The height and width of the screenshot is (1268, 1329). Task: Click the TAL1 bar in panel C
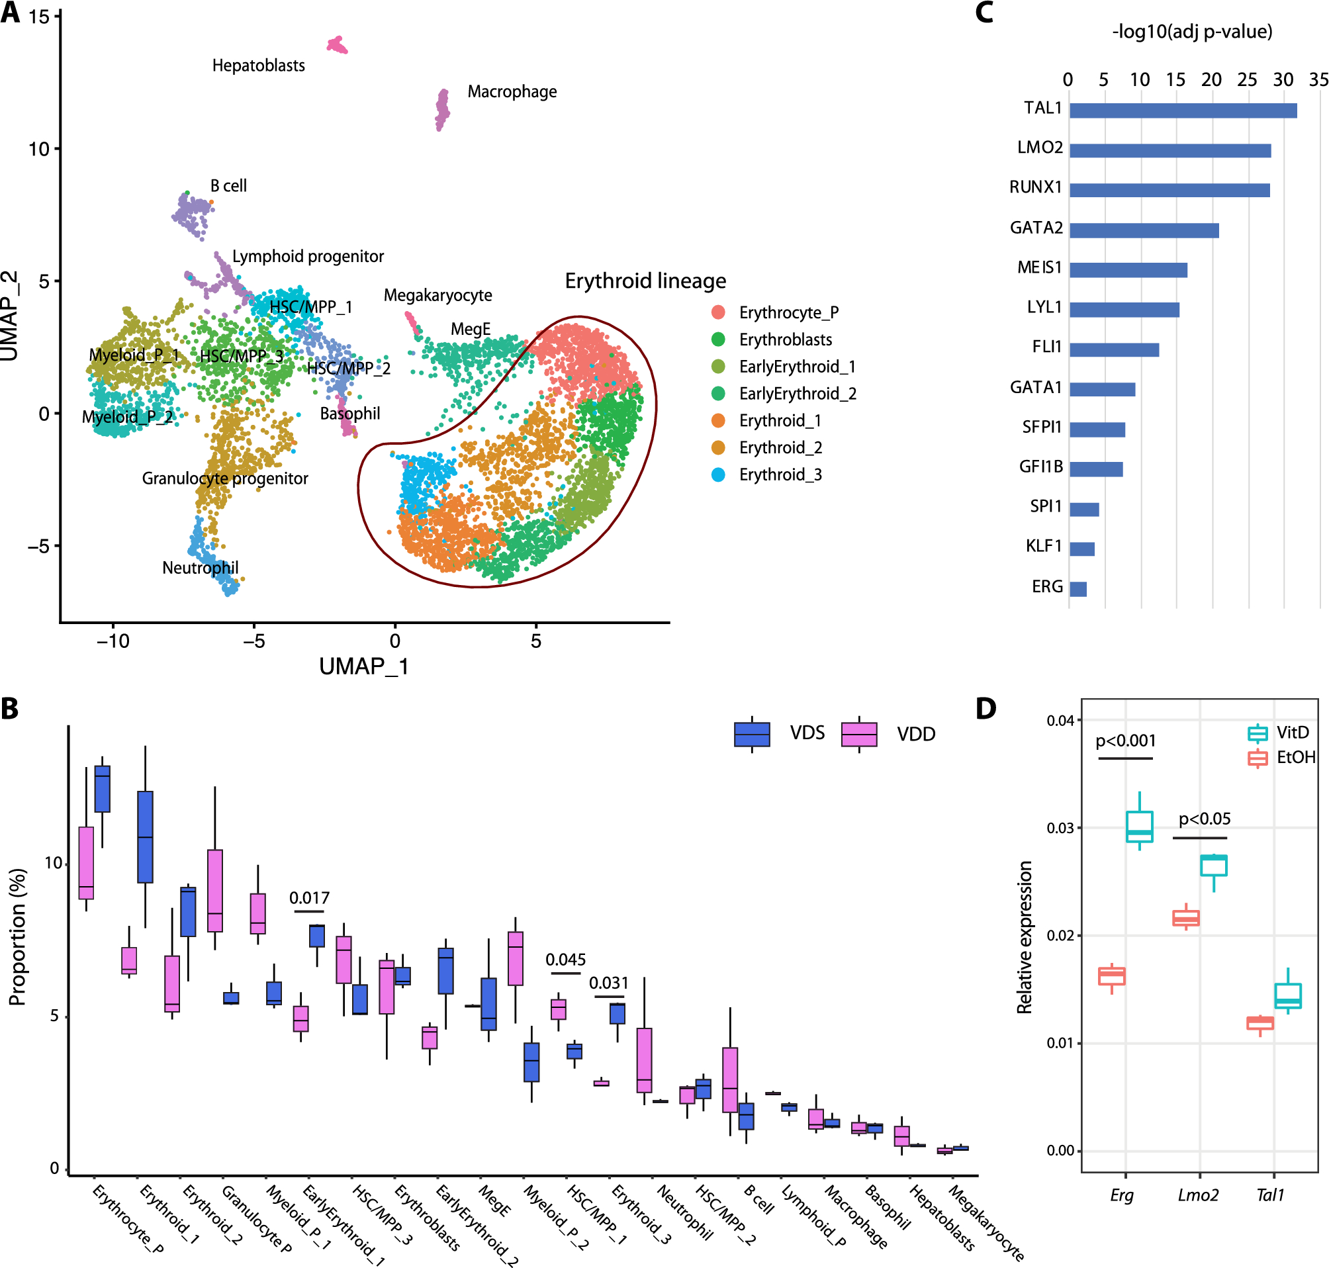[1182, 110]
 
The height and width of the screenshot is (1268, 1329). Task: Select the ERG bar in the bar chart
[1077, 589]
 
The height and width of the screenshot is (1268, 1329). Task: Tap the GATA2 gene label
[1036, 228]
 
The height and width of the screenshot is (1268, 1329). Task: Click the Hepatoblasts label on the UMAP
[258, 66]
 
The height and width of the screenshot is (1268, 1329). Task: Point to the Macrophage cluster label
[512, 91]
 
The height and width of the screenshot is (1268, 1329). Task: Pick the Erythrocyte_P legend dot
[718, 312]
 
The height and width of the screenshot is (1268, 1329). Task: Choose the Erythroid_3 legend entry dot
[718, 475]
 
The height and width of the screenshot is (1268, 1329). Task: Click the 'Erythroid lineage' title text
[645, 281]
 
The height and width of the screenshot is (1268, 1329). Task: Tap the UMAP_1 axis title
[363, 666]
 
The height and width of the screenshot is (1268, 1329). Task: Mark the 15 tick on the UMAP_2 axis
[39, 17]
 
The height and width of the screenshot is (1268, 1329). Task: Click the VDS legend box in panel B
[752, 734]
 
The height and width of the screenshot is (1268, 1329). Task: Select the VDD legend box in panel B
[858, 734]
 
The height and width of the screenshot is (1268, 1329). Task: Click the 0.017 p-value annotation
[309, 897]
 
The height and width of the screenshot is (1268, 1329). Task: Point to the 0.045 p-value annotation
[565, 959]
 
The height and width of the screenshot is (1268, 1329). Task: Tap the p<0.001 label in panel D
[1126, 741]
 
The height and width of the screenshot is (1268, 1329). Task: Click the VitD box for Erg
[1139, 827]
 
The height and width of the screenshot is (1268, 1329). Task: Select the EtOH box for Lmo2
[1185, 918]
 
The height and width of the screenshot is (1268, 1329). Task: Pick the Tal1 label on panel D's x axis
[1269, 1195]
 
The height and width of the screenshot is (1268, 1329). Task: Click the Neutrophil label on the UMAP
[200, 568]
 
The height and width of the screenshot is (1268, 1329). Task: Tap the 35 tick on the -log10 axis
[1318, 80]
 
